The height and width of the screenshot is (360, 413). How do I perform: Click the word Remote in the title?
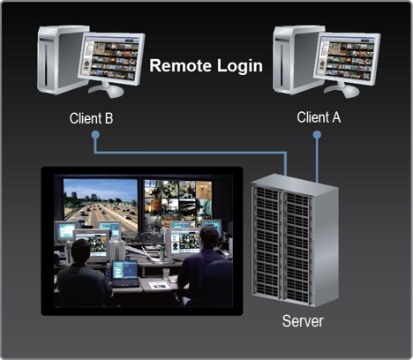coord(181,65)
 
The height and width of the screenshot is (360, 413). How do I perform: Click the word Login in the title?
coord(240,66)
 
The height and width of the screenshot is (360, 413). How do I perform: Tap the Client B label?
coord(91,118)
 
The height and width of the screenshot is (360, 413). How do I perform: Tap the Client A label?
coord(319,117)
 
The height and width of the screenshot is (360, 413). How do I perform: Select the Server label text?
coord(303,321)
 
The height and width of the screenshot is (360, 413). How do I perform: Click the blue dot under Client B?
coord(95,135)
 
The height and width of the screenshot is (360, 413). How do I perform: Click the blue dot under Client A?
coord(317,135)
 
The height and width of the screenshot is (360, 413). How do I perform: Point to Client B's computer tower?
coord(60,60)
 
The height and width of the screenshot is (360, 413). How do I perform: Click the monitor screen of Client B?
coord(111,59)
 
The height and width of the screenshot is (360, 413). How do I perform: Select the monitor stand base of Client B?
coord(107,91)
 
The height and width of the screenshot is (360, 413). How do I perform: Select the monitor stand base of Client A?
coord(342,91)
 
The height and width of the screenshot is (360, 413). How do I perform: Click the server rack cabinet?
coord(295,241)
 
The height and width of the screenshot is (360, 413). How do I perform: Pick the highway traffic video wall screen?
coord(101,204)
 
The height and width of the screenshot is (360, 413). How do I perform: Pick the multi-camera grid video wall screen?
coord(178,204)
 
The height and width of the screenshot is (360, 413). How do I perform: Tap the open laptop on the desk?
coord(125,274)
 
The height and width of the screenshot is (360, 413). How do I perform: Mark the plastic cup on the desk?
coord(166,274)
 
